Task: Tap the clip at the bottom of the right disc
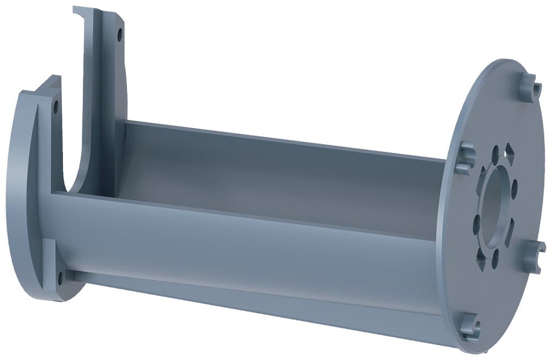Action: pos(470,326)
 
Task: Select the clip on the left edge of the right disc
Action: pos(465,157)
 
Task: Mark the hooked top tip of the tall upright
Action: pos(83,10)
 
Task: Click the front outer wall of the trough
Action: pos(248,248)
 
